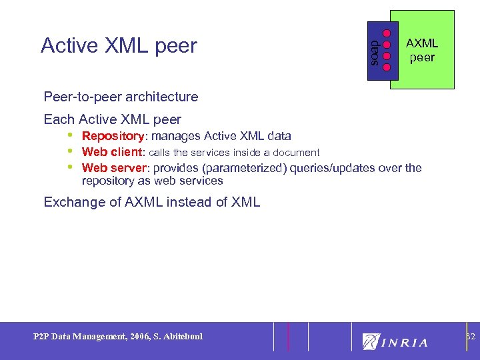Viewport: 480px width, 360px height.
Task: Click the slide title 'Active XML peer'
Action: [119, 45]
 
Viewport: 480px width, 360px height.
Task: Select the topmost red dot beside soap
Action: [387, 33]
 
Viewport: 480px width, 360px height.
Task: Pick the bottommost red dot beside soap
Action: [387, 67]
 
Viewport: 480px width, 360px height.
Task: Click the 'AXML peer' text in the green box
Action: [422, 51]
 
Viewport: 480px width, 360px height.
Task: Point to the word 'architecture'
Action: [167, 97]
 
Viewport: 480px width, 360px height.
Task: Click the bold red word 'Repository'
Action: [113, 136]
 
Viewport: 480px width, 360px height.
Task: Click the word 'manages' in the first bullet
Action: [173, 136]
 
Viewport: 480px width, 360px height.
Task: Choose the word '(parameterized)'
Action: [247, 168]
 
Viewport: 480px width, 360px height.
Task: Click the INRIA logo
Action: [395, 341]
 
